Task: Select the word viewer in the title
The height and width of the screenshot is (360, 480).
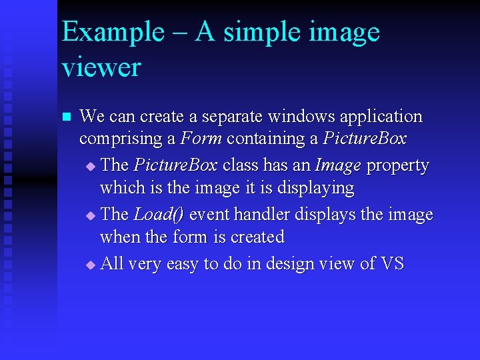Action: [101, 67]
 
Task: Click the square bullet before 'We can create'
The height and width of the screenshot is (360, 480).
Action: [65, 117]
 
